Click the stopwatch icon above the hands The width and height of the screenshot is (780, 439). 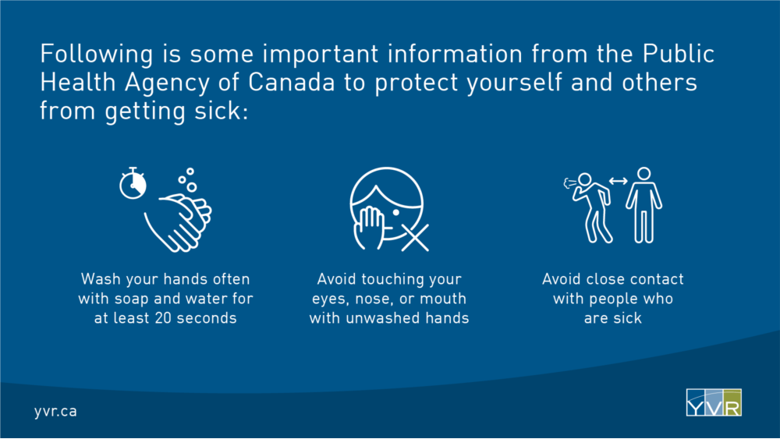click(x=133, y=184)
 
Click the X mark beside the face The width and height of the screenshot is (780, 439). click(x=415, y=238)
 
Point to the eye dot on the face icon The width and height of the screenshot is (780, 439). click(x=396, y=213)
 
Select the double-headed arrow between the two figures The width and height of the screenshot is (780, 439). click(x=619, y=182)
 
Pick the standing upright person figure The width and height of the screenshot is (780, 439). click(x=643, y=205)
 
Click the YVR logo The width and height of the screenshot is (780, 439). click(x=714, y=402)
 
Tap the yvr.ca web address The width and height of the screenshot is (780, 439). click(x=55, y=411)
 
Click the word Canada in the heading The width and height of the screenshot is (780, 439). click(x=292, y=82)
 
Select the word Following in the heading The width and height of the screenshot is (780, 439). click(x=97, y=55)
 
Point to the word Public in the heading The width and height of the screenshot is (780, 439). click(x=679, y=53)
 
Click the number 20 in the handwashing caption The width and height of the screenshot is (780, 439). click(x=163, y=317)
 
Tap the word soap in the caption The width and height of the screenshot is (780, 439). click(x=132, y=299)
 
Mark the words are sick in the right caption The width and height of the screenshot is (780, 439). click(x=613, y=317)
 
